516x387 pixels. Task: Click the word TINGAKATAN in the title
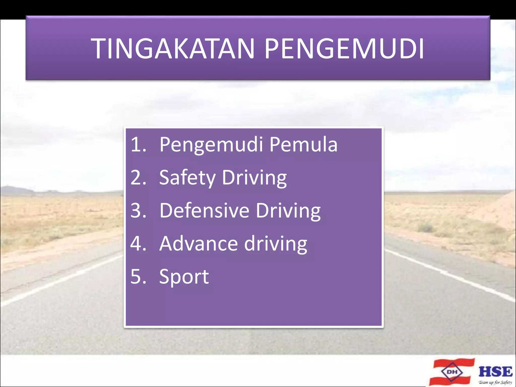coord(174,49)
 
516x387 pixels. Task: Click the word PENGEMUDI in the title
coord(344,49)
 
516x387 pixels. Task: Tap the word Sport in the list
coord(184,277)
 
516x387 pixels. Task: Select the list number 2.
coord(138,177)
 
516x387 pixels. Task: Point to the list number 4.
coord(138,244)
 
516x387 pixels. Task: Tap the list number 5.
coord(138,276)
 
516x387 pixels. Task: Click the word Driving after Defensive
coord(288,211)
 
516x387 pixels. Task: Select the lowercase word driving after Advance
coord(276,244)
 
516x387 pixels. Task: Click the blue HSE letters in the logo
coord(495,372)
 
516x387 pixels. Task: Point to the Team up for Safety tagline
coord(495,382)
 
